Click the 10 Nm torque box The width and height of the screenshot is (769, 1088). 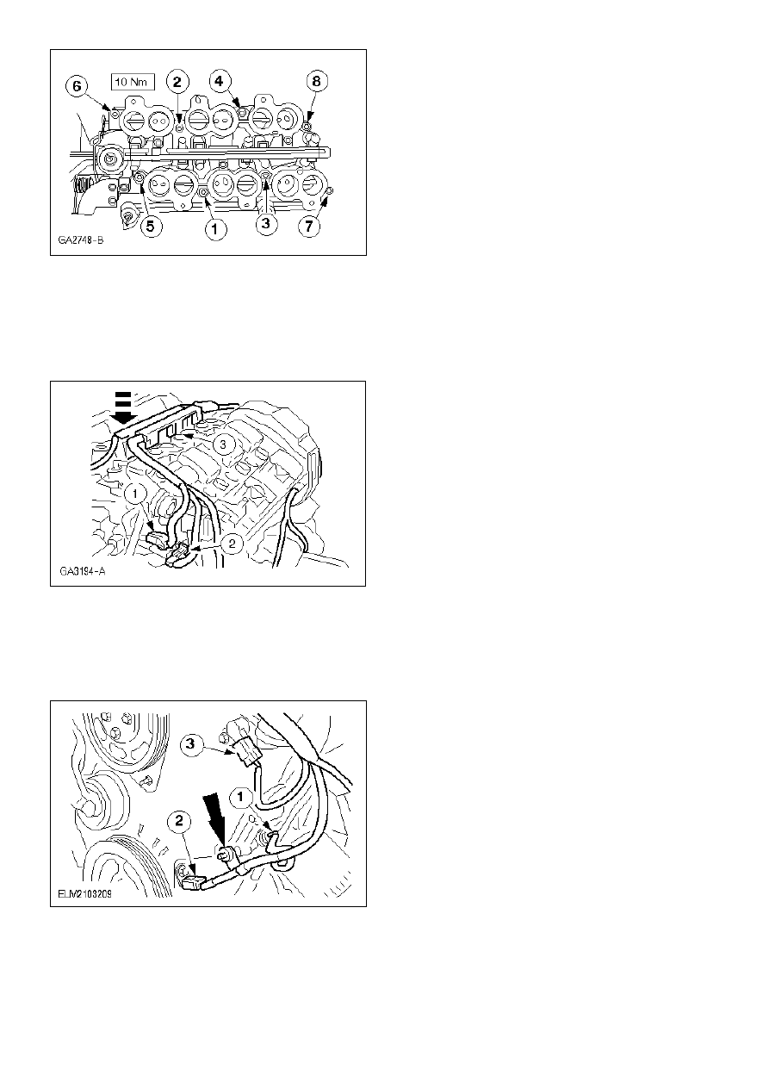132,82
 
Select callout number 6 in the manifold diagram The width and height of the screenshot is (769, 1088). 78,87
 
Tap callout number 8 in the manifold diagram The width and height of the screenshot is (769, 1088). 316,81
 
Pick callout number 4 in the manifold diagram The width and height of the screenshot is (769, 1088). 219,81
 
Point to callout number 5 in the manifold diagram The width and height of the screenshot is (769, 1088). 151,226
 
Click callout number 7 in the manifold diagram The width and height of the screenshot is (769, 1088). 309,226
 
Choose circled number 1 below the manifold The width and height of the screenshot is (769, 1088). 215,229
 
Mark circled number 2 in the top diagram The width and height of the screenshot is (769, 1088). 177,82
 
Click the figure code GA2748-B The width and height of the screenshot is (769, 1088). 81,240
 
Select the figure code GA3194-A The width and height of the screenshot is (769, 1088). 83,571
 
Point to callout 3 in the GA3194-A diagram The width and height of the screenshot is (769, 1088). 223,444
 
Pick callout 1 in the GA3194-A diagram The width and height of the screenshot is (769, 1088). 135,494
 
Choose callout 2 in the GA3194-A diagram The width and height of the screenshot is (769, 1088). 232,543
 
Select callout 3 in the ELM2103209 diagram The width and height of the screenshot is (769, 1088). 191,743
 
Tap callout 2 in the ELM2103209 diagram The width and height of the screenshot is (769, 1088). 179,821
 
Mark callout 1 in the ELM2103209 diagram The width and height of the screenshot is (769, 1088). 240,797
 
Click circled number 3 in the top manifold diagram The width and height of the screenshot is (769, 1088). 265,224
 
